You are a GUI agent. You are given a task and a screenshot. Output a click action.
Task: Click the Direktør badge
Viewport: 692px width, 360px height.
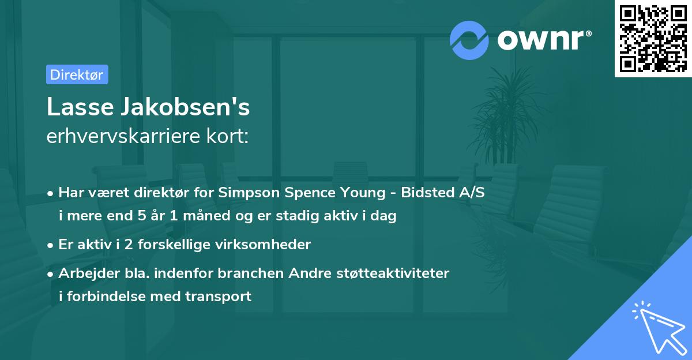77,74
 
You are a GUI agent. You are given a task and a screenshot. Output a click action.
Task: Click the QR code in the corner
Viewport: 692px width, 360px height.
653,39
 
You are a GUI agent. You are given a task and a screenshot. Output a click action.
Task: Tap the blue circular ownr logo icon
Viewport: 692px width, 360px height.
469,39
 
